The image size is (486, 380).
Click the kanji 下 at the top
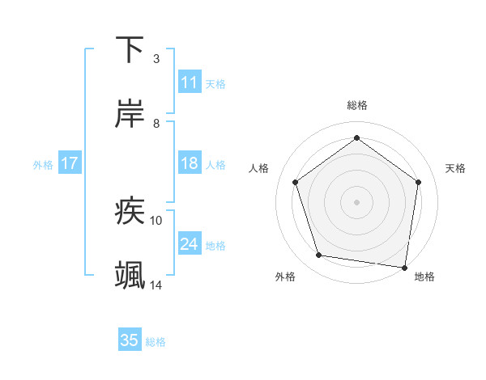click(x=130, y=49)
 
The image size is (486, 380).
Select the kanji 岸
click(x=130, y=114)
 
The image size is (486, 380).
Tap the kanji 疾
click(x=130, y=211)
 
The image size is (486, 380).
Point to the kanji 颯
click(x=130, y=276)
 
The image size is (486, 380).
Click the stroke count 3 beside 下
click(x=156, y=59)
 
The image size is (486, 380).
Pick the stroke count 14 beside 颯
click(x=156, y=285)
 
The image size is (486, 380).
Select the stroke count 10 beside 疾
click(x=156, y=220)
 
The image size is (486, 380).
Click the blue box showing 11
click(x=189, y=82)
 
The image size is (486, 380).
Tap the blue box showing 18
click(x=189, y=164)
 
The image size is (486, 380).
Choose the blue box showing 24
click(x=189, y=244)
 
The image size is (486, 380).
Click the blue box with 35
click(x=130, y=340)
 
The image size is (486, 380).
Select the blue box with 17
click(x=69, y=164)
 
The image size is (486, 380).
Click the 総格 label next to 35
click(x=156, y=342)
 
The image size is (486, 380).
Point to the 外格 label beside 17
click(x=43, y=165)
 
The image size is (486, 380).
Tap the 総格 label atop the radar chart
click(x=356, y=105)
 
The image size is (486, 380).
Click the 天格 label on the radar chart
click(x=455, y=168)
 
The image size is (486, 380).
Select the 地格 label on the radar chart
click(x=424, y=277)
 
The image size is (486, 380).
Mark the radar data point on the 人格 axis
click(x=295, y=183)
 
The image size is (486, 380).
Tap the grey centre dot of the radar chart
click(x=356, y=201)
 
